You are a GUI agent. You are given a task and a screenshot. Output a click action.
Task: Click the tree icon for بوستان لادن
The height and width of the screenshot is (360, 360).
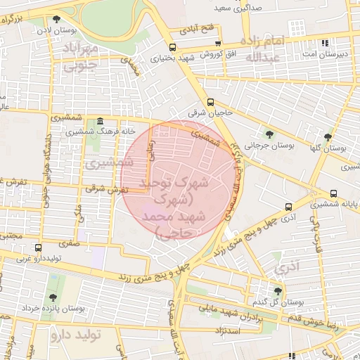pyautogui.click(x=56, y=19)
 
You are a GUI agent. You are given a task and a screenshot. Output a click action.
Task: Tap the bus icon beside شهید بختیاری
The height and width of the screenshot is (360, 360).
pyautogui.click(x=173, y=48)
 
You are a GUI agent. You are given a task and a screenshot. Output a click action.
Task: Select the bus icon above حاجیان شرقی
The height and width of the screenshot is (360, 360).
pyautogui.click(x=212, y=103)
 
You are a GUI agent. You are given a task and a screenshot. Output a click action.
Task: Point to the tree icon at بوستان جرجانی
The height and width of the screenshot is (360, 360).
pyautogui.click(x=270, y=134)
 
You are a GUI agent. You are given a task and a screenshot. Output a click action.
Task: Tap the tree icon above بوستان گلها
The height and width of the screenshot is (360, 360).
pyautogui.click(x=328, y=137)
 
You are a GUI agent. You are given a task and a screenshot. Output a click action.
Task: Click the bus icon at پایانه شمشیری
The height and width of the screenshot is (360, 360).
pyautogui.click(x=333, y=193)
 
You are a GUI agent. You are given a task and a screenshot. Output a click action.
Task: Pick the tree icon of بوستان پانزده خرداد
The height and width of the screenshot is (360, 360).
pyautogui.click(x=54, y=298)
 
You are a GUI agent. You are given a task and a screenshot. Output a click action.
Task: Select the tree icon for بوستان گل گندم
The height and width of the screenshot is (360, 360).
pyautogui.click(x=278, y=290)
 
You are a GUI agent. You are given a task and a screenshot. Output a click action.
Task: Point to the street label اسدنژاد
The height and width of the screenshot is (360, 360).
pyautogui.click(x=231, y=330)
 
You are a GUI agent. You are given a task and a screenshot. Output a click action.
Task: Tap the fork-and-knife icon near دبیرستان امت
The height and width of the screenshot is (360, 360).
pyautogui.click(x=324, y=42)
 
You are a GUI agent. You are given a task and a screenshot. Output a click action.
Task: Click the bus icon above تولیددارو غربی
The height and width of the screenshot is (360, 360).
pyautogui.click(x=37, y=247)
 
